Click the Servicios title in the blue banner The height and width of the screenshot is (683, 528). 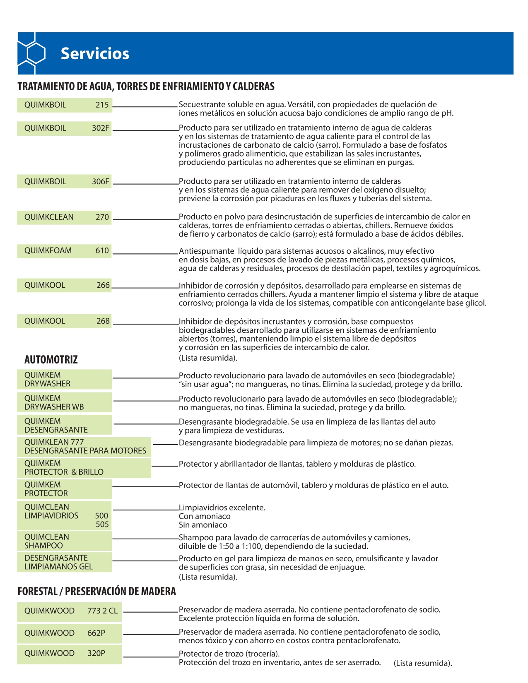point(95,54)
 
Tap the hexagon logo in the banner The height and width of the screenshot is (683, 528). point(34,53)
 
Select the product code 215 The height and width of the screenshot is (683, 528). point(102,105)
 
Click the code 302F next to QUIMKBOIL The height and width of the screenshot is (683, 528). point(101,128)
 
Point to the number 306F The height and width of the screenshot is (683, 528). point(101,181)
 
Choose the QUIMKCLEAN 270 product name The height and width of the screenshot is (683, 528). point(49,217)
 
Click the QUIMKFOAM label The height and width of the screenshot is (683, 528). point(48,250)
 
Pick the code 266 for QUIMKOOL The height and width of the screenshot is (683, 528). point(103,285)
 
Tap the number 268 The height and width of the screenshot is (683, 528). point(103,321)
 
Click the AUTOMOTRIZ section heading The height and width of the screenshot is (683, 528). point(51,359)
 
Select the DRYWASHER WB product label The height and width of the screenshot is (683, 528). point(54,407)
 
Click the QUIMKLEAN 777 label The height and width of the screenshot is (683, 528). point(54,442)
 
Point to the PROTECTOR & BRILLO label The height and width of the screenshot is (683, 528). point(64,472)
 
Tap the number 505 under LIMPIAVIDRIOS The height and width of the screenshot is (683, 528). point(102,524)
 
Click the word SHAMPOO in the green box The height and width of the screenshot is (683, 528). point(43,546)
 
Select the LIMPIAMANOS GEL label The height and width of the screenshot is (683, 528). point(58,567)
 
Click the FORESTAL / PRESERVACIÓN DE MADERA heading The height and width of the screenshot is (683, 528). point(97,592)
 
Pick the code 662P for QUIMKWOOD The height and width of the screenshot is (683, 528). point(96,633)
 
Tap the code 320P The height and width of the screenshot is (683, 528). point(96,653)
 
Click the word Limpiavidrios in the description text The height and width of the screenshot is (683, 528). point(200,507)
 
